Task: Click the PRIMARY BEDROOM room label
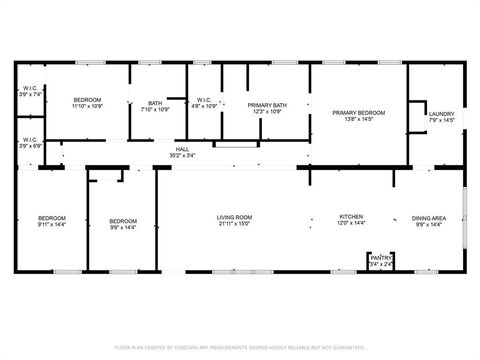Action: click(x=358, y=113)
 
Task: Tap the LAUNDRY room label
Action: click(x=441, y=114)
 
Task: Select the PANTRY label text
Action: click(x=381, y=258)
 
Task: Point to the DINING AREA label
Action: click(x=429, y=217)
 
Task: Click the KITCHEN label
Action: click(x=350, y=217)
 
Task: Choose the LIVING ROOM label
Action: click(x=235, y=217)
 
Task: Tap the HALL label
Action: click(x=182, y=149)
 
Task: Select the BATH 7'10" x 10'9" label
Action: click(x=155, y=104)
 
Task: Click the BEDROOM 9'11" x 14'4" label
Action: click(x=52, y=220)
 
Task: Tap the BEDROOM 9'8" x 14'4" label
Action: click(x=123, y=221)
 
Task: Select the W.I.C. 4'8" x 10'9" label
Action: click(x=203, y=103)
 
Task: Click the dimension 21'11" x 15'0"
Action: click(x=235, y=224)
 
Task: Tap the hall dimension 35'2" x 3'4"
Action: click(x=182, y=155)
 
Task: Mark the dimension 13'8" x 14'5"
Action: click(x=358, y=120)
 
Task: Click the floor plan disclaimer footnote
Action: click(x=240, y=347)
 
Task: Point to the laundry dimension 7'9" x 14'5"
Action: click(x=441, y=120)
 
